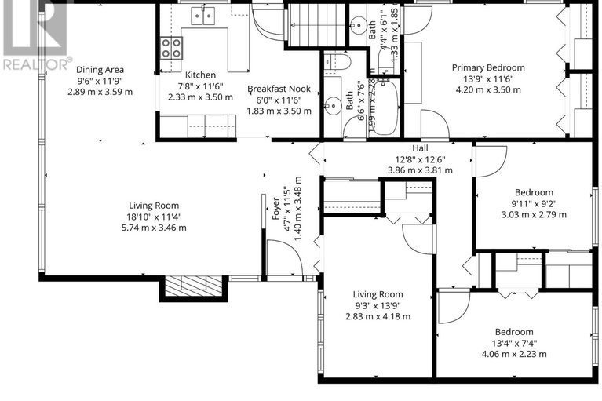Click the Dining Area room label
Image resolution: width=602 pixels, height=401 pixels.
[x=100, y=69]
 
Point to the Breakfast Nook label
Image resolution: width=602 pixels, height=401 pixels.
[x=279, y=89]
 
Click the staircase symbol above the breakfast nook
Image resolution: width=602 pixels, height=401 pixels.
[x=316, y=24]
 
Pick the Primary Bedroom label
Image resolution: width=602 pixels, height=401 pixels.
[x=487, y=67]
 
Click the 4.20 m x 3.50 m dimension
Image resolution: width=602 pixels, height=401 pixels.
[x=487, y=89]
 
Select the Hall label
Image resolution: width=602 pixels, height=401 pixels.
[x=420, y=148]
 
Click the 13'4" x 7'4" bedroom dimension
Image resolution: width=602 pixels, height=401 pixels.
[x=514, y=343]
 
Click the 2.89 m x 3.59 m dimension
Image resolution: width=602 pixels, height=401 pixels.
[x=100, y=91]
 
